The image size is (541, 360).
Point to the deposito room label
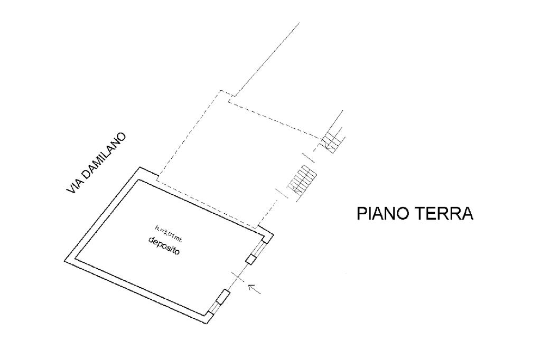click(164, 247)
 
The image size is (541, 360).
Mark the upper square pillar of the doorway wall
click(251, 259)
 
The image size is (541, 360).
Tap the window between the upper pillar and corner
click(260, 249)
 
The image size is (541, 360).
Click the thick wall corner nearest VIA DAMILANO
click(140, 169)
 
